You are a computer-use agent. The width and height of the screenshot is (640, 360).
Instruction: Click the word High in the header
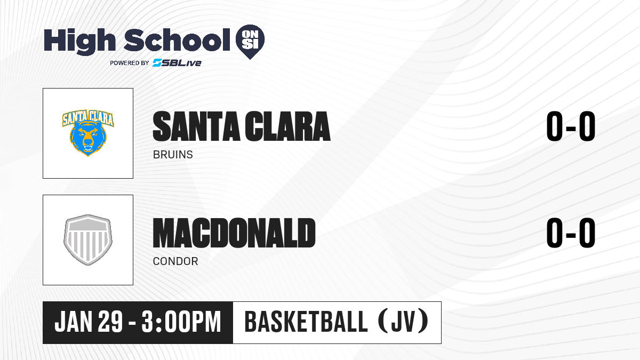coord(79,41)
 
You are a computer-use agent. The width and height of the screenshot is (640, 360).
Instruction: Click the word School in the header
coord(177,41)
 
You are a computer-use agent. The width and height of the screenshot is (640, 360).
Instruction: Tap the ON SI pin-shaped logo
coord(250,42)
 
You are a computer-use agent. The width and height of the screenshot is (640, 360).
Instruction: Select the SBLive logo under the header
coord(177,63)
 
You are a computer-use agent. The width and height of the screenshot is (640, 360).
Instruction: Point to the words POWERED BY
coord(130,63)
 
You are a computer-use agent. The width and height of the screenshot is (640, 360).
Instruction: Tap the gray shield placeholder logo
coord(88,240)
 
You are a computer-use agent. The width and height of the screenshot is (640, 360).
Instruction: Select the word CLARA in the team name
coord(287,126)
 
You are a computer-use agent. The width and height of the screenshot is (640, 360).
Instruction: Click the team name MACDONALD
coord(234,233)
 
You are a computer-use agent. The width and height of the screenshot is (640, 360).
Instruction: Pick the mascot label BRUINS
coord(173,155)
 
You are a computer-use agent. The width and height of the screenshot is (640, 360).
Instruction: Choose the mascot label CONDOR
coord(175,261)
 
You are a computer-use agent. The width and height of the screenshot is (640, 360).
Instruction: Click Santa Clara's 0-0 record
coord(571,126)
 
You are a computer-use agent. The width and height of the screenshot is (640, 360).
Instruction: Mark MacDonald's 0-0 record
coord(571,233)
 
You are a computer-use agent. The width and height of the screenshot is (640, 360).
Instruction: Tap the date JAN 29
coord(89,322)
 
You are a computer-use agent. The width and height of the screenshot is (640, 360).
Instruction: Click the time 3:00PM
coord(181,322)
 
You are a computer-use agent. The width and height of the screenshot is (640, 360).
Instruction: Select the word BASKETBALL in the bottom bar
coord(306,322)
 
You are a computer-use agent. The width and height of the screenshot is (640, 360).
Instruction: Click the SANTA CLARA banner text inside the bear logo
coord(88,118)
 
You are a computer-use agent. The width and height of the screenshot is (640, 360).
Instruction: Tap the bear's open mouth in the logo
coord(88,148)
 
